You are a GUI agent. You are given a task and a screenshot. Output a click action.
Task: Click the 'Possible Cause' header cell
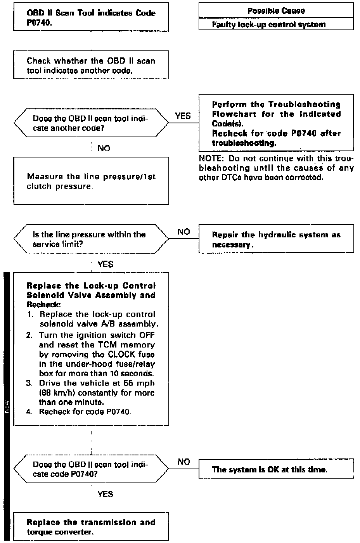click(x=276, y=11)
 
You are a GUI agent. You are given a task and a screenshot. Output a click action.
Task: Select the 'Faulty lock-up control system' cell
click(x=276, y=24)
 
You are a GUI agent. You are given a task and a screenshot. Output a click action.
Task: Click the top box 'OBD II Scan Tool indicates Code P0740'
click(x=91, y=18)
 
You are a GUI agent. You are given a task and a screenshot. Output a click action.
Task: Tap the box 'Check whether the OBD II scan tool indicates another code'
click(x=91, y=66)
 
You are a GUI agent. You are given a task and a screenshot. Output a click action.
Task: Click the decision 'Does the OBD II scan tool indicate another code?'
click(x=91, y=123)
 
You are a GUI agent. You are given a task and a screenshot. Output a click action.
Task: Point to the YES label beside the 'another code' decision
click(x=183, y=116)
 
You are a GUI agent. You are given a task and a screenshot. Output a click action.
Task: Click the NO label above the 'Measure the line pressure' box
click(x=104, y=148)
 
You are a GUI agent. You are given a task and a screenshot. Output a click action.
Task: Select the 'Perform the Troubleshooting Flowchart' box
click(x=276, y=123)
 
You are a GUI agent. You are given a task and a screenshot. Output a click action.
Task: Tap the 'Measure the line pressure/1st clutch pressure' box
click(x=91, y=181)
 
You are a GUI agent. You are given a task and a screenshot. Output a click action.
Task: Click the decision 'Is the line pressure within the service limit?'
click(x=91, y=239)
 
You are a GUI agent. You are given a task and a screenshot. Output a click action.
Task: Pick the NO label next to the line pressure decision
click(x=183, y=232)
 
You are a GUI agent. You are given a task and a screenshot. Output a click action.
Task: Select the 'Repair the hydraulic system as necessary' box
click(x=276, y=239)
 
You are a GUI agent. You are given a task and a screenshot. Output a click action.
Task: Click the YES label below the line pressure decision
click(x=105, y=264)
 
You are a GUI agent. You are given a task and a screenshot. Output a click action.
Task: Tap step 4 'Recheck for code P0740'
click(x=85, y=412)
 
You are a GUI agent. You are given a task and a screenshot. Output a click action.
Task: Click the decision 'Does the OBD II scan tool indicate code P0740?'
click(x=91, y=469)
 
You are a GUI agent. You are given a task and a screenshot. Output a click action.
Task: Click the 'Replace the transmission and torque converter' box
click(x=91, y=527)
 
